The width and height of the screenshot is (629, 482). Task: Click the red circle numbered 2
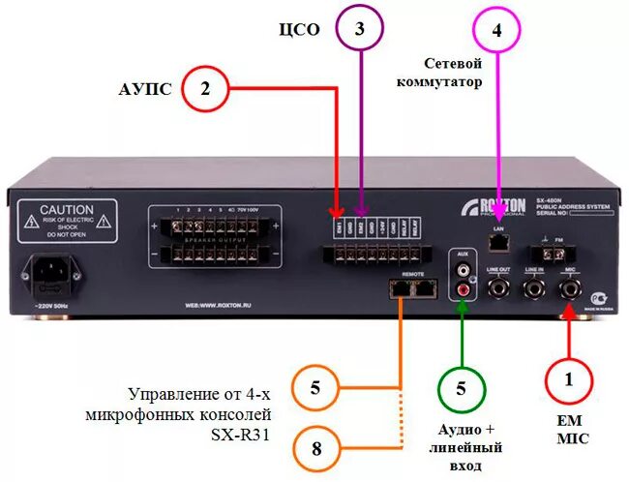204,90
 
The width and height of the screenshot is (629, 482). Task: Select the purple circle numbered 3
360,30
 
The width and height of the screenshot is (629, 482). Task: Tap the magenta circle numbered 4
496,30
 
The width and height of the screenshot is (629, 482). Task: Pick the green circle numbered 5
462,389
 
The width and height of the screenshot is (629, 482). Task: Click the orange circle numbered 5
314,389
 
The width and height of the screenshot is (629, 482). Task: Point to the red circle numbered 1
569,381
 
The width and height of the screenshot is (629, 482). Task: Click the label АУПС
145,89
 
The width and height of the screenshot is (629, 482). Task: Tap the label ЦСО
300,29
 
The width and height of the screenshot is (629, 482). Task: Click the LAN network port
499,238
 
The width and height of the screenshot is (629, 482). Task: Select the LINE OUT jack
499,286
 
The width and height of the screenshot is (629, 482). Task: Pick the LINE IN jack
533,286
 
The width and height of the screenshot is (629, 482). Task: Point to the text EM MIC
569,430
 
